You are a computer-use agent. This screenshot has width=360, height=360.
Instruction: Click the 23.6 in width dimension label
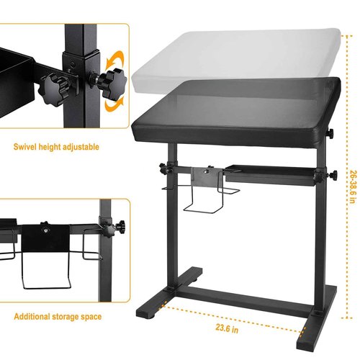click(x=227, y=328)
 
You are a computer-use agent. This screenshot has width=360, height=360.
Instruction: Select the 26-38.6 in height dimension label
click(x=353, y=187)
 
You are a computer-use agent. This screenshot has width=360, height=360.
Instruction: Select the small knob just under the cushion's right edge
click(x=330, y=133)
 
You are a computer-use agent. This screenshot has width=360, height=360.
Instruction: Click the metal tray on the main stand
click(x=270, y=175)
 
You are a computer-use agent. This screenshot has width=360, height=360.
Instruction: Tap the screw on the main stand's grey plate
click(x=205, y=171)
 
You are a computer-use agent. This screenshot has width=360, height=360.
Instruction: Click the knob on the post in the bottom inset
click(x=114, y=228)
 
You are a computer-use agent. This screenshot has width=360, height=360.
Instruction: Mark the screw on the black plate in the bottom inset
click(x=45, y=230)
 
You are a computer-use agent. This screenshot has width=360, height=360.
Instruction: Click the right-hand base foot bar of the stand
click(x=316, y=318)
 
